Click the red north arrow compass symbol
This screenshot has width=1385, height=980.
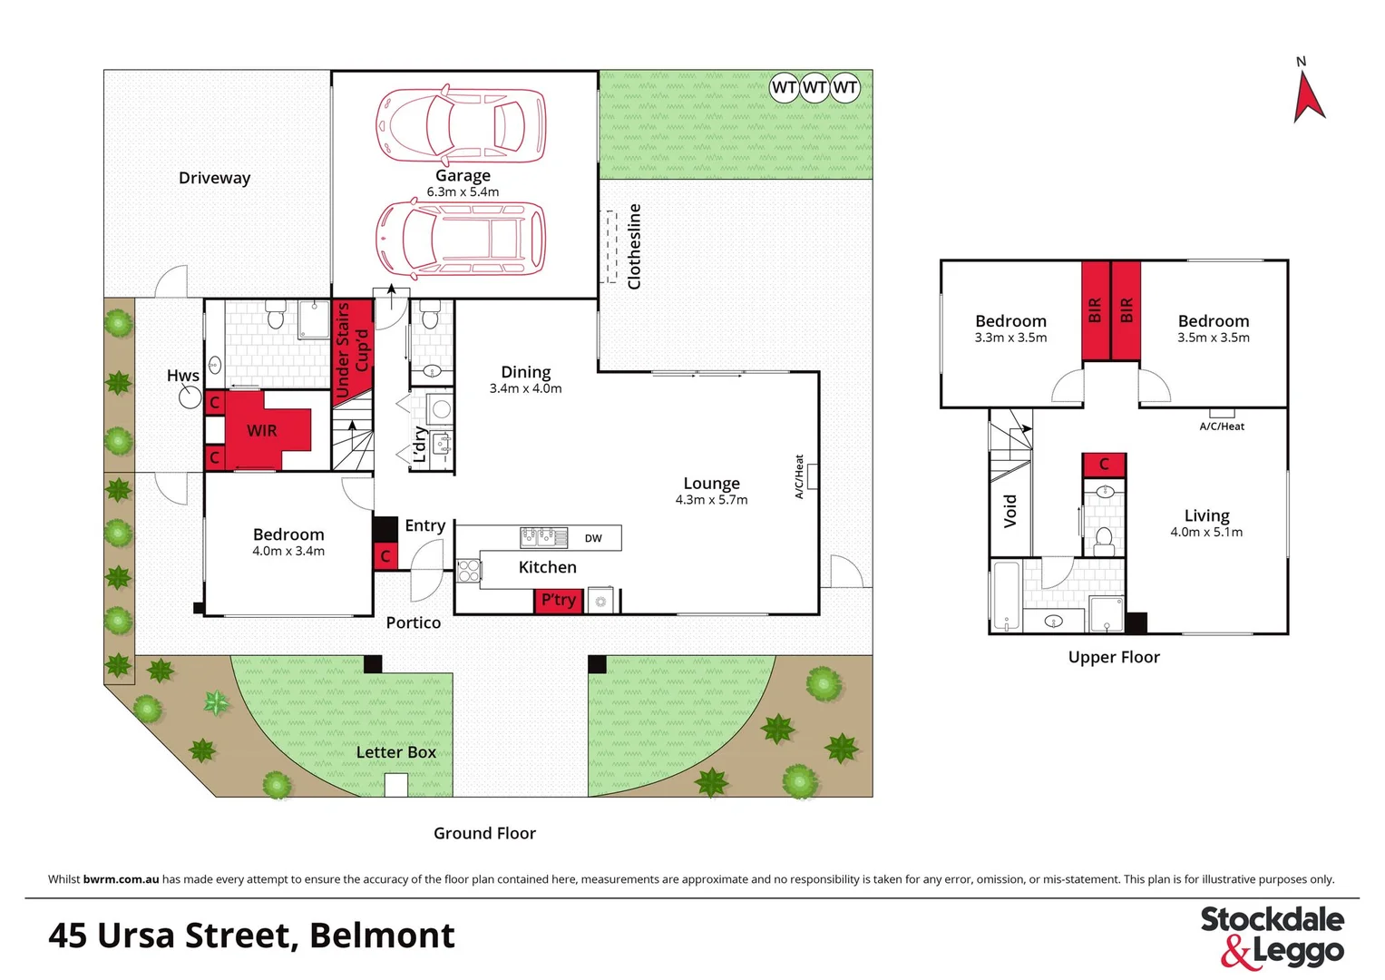(1307, 98)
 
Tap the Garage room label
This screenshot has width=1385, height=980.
(463, 175)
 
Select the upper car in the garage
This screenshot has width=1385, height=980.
(462, 124)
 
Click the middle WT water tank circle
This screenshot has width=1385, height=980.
(814, 88)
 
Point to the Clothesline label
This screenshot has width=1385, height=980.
(634, 246)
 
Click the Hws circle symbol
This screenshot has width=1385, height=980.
(190, 397)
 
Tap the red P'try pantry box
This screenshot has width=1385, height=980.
(558, 601)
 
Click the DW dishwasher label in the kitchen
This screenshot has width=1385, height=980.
(593, 538)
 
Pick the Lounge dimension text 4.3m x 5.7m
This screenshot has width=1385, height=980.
(711, 500)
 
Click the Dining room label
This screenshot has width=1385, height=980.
(525, 372)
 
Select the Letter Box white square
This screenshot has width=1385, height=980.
(395, 785)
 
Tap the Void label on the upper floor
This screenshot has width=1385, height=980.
(1010, 511)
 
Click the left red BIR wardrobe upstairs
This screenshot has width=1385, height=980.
(1095, 310)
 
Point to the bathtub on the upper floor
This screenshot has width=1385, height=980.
(1004, 596)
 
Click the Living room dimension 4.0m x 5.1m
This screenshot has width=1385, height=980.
(1206, 533)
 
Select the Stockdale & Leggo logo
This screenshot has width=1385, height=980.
(1272, 936)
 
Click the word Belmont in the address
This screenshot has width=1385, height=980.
(382, 936)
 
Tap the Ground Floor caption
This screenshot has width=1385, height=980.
(484, 833)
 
